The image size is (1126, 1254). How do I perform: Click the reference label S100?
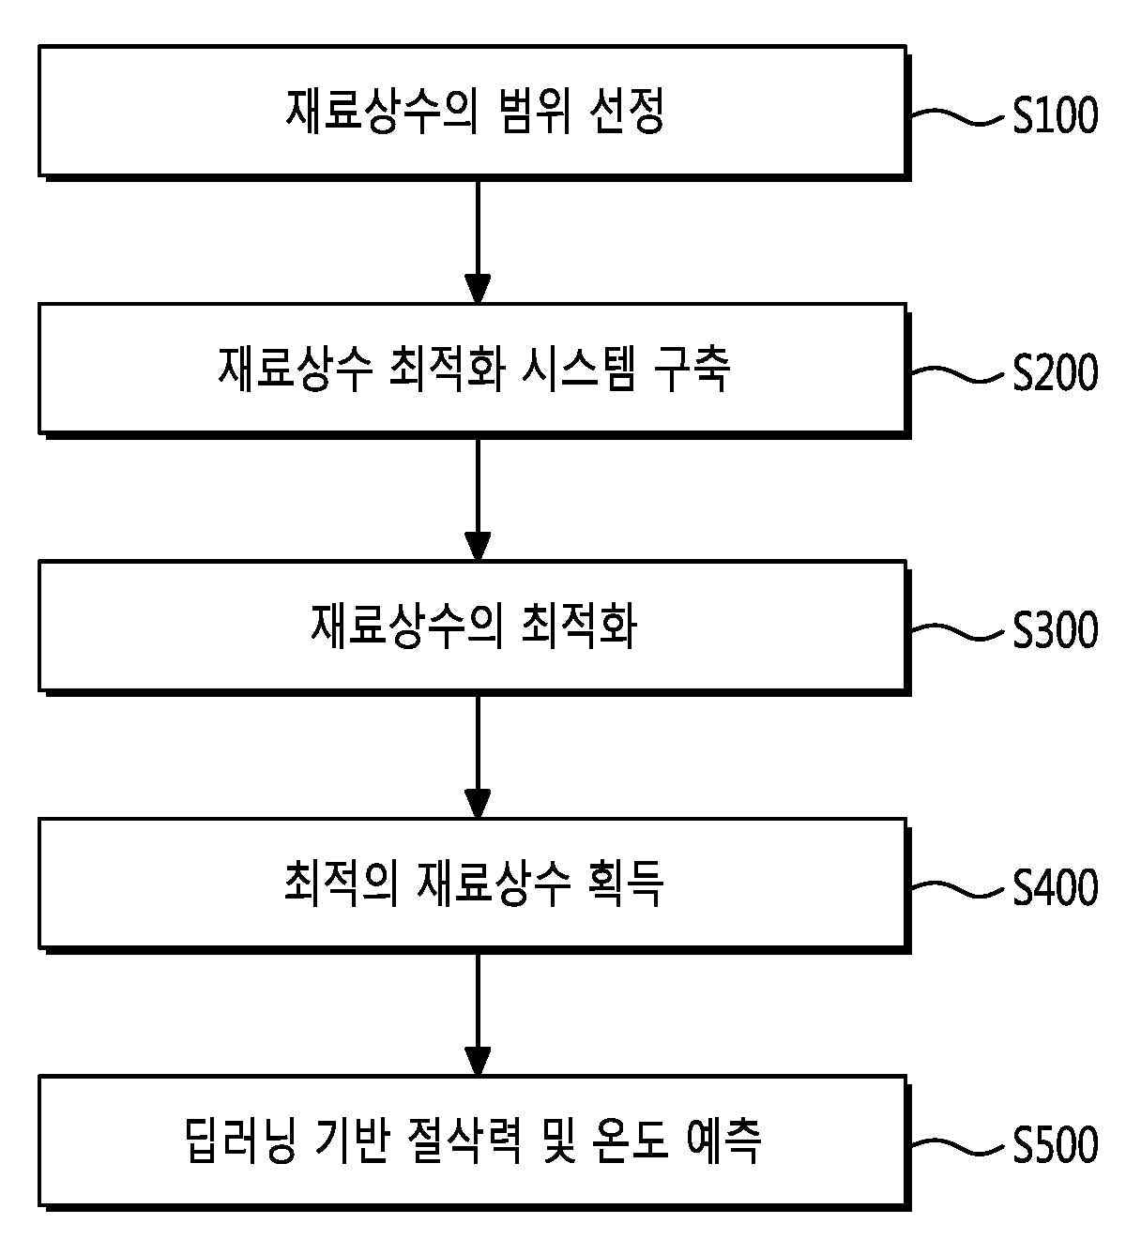click(1055, 115)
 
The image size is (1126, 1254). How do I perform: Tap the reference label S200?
click(1055, 372)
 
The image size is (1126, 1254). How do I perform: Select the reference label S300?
click(1055, 630)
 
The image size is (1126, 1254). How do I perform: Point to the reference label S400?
click(1055, 887)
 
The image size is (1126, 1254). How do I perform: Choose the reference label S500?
click(1055, 1144)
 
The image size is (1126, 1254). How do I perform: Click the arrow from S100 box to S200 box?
click(478, 241)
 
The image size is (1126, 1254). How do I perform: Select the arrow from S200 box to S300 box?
click(478, 499)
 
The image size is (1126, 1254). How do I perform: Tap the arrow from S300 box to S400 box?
click(478, 756)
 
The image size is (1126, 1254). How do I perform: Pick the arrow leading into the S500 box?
click(478, 1014)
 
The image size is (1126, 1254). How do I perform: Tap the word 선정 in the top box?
click(626, 112)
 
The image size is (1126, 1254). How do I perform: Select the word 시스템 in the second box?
click(578, 369)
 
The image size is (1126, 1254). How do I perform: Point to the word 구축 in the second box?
click(692, 369)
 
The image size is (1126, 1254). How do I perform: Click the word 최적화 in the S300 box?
click(579, 627)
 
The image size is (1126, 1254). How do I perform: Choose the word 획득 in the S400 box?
click(626, 884)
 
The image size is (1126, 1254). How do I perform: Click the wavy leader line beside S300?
click(957, 631)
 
